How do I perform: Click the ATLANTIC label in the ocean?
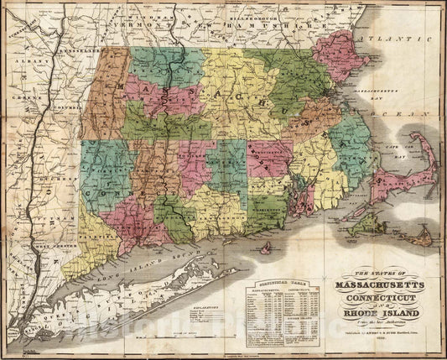coord(387,39)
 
